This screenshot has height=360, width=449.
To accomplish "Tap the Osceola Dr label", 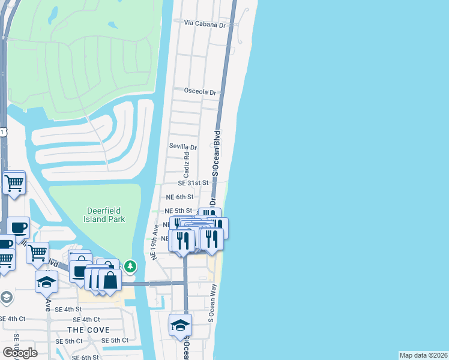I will pyautogui.click(x=200, y=92).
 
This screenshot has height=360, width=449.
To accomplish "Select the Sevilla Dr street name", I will pyautogui.click(x=183, y=147).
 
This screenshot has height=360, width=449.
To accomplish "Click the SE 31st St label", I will pyautogui.click(x=193, y=182).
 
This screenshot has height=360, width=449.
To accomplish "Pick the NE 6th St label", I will pyautogui.click(x=179, y=197).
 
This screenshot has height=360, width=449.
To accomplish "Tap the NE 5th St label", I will pyautogui.click(x=179, y=211).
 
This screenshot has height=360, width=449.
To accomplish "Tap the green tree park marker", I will pyautogui.click(x=130, y=265).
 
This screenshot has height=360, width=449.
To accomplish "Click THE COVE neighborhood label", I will pyautogui.click(x=88, y=330).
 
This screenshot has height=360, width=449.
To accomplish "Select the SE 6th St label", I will pyautogui.click(x=85, y=357).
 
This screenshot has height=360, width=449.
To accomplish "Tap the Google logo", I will pyautogui.click(x=20, y=352).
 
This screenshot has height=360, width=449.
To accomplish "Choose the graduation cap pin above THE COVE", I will pyautogui.click(x=47, y=281).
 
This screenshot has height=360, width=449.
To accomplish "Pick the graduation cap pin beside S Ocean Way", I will pyautogui.click(x=180, y=325).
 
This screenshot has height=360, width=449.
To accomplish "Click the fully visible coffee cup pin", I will pyautogui.click(x=18, y=227).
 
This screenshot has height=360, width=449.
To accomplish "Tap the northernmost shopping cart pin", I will pyautogui.click(x=14, y=182).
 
